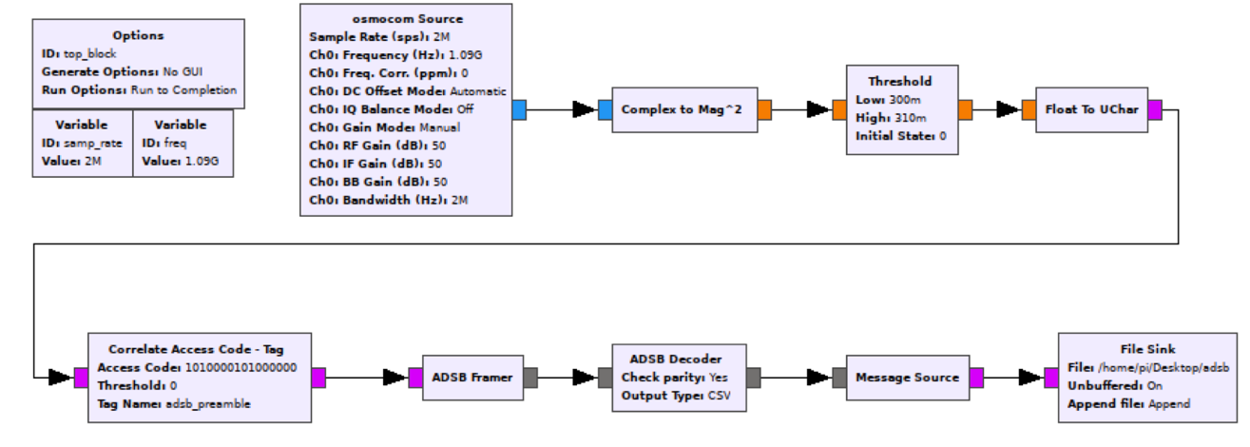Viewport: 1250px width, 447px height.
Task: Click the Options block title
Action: [x=138, y=35]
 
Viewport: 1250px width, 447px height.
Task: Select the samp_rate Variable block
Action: [x=82, y=143]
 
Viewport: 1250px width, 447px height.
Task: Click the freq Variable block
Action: [x=182, y=143]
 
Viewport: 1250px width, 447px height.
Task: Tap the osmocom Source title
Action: [x=406, y=18]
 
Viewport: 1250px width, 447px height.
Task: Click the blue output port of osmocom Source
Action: [x=519, y=110]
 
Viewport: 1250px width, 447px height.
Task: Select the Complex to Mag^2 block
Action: [x=681, y=110]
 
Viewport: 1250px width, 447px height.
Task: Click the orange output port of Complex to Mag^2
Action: [x=764, y=110]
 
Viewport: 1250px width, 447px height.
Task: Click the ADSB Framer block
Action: [x=473, y=378]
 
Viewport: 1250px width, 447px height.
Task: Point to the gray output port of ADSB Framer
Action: [x=531, y=378]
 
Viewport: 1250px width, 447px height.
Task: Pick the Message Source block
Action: [x=907, y=378]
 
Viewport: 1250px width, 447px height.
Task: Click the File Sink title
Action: [x=1147, y=349]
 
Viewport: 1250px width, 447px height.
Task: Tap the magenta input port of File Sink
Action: [x=1050, y=378]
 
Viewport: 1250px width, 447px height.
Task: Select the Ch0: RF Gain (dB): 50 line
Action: [x=377, y=146]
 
